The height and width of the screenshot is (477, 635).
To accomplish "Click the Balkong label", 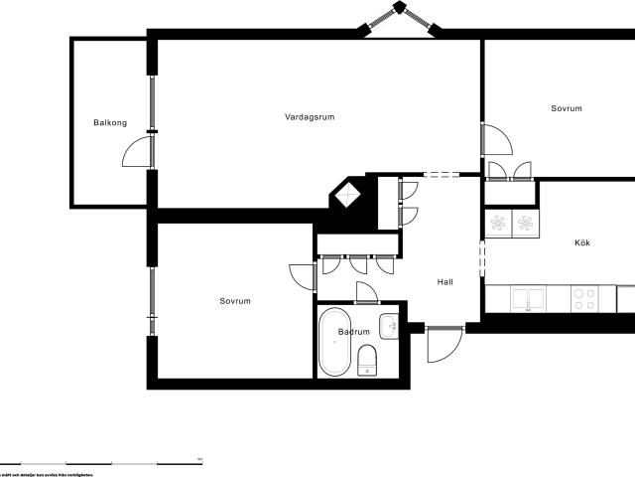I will pyautogui.click(x=110, y=123).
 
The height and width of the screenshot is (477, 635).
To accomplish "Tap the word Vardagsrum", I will pyautogui.click(x=310, y=116).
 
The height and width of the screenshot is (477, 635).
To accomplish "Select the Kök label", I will pyautogui.click(x=581, y=242).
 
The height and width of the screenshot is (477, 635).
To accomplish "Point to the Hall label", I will pyautogui.click(x=445, y=282).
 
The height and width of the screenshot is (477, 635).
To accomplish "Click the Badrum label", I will pyautogui.click(x=354, y=332).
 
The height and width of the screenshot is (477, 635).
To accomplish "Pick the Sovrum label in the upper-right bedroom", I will pyautogui.click(x=566, y=108).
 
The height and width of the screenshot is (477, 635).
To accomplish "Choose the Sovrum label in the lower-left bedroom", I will pyautogui.click(x=235, y=301).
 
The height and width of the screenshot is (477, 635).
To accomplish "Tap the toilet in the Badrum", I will pyautogui.click(x=367, y=359).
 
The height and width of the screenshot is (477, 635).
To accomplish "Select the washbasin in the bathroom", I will pyautogui.click(x=391, y=325).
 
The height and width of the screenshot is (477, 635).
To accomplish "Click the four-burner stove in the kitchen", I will pyautogui.click(x=584, y=298).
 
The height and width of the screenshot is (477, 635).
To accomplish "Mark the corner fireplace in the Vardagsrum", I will pyautogui.click(x=347, y=195).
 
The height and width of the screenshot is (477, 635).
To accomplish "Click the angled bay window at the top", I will pyautogui.click(x=402, y=17).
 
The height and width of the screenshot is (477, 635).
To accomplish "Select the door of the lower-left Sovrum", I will pyautogui.click(x=302, y=277).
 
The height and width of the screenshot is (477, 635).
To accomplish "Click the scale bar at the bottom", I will pyautogui.click(x=99, y=463).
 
